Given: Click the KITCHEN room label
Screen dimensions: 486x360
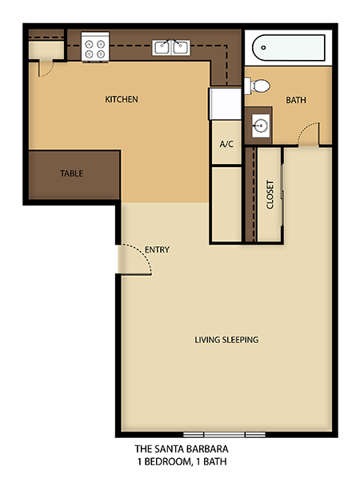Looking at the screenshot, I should click(x=122, y=100).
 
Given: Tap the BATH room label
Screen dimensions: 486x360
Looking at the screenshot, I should click(x=297, y=100).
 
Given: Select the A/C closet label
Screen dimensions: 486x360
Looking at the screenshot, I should click(x=226, y=145).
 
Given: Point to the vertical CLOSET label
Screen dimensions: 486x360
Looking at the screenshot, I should click(x=270, y=194).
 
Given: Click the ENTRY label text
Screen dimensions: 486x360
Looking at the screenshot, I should click(x=158, y=249).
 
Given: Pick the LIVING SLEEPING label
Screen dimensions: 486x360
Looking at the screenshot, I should click(x=226, y=340).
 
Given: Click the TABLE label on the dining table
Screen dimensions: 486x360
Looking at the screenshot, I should click(x=71, y=173).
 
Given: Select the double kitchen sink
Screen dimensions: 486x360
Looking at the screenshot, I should click(x=172, y=47).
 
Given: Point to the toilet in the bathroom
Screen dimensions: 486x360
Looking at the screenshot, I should click(x=257, y=86).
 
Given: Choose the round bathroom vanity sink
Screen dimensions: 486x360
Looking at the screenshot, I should click(x=259, y=125).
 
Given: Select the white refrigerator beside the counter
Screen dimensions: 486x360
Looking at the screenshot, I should click(x=224, y=103).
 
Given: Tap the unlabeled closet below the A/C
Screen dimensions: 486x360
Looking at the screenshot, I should click(x=226, y=203).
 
